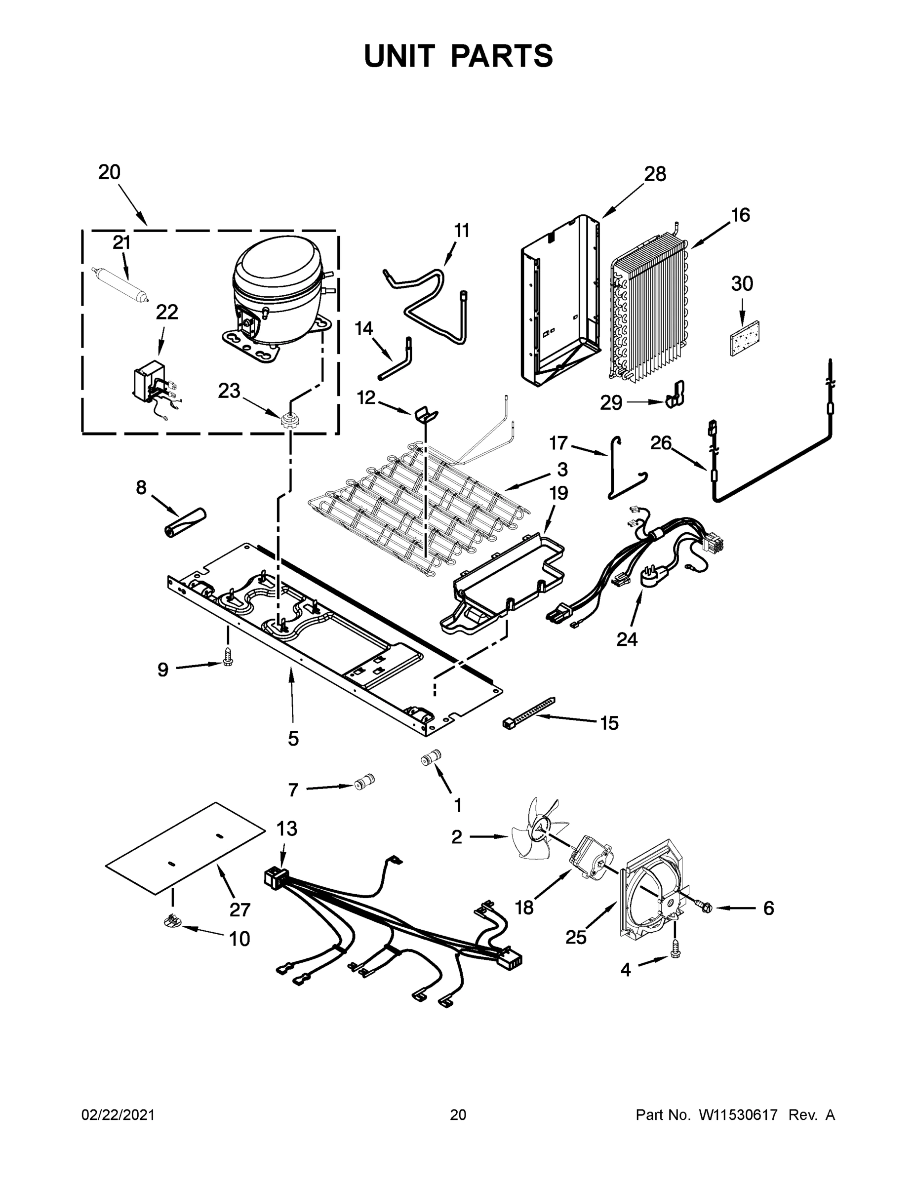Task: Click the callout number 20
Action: (109, 172)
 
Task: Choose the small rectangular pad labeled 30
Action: (745, 338)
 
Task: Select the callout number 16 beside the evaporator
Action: (740, 215)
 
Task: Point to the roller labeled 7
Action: (364, 783)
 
